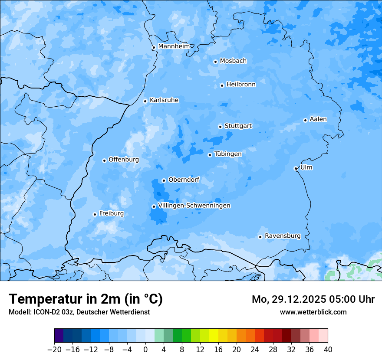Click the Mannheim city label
pyautogui.click(x=174, y=46)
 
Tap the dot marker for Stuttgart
pyautogui.click(x=220, y=127)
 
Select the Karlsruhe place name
pyautogui.click(x=164, y=100)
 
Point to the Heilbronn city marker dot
pyautogui.click(x=222, y=85)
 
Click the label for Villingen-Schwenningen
pyautogui.click(x=194, y=206)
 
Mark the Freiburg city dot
pyautogui.click(x=95, y=214)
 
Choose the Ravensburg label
pyautogui.click(x=283, y=236)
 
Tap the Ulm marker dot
pyautogui.click(x=296, y=168)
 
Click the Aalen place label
pyautogui.click(x=318, y=119)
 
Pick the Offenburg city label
pyautogui.click(x=124, y=160)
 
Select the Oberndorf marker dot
pyautogui.click(x=164, y=180)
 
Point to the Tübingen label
pyautogui.click(x=228, y=154)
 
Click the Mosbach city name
pyautogui.click(x=233, y=61)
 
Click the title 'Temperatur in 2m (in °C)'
pyautogui.click(x=86, y=299)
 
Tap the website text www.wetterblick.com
pyautogui.click(x=313, y=312)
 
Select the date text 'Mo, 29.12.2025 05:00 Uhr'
pyautogui.click(x=313, y=299)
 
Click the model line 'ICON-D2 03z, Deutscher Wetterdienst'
pyautogui.click(x=79, y=312)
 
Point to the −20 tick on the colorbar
pyautogui.click(x=54, y=350)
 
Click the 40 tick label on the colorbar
pyautogui.click(x=328, y=350)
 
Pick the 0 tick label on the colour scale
pyautogui.click(x=145, y=350)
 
